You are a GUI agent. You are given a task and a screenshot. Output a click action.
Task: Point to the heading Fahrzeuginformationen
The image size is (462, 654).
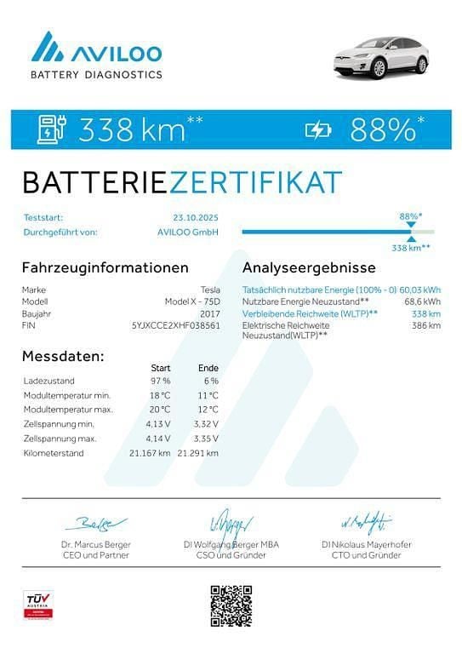[x=105, y=267]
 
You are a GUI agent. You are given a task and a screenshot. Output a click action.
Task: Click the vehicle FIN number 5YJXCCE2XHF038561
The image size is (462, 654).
[x=176, y=325]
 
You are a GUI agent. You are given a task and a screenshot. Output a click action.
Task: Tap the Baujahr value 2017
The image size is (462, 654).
[x=209, y=313]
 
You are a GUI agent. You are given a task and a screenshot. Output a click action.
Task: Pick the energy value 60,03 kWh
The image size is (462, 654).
[x=419, y=290]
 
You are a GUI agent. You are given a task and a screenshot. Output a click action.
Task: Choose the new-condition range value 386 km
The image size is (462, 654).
[x=426, y=325]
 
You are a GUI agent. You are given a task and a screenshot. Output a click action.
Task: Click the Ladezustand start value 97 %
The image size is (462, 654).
[x=160, y=380]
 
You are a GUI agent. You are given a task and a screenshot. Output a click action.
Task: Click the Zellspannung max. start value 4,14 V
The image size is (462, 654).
[x=159, y=438]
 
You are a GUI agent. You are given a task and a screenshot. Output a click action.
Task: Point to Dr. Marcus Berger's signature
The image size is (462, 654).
[x=95, y=521]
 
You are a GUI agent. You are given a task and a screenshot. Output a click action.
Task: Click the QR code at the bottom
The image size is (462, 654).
[x=231, y=605]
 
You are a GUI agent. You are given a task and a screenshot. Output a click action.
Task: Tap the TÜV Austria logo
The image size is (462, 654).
[x=37, y=604]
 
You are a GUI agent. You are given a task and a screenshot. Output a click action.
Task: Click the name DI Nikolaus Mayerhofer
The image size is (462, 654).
[x=367, y=544]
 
